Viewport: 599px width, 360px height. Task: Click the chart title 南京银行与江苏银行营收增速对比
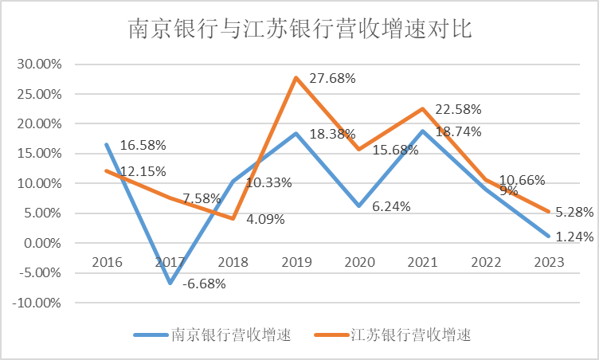point(300,30)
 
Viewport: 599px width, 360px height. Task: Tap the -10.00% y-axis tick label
point(39,303)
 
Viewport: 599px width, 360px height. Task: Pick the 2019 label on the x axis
point(296,262)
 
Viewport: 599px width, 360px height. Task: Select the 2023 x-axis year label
point(550,262)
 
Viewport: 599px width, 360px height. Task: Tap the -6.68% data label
point(203,284)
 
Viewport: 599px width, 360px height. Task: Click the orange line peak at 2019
point(296,78)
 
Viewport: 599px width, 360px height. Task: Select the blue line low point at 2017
point(170,283)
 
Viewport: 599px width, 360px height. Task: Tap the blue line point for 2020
point(360,205)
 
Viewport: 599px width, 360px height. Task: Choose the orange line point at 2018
point(233,218)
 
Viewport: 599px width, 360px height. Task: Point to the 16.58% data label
point(143,145)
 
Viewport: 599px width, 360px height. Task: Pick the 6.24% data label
point(391,206)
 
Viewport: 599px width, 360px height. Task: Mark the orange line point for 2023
point(550,211)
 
